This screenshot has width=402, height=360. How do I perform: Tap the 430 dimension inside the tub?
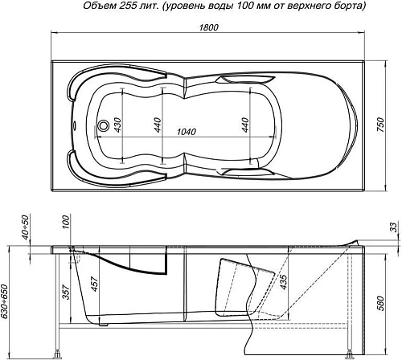[x=118, y=126]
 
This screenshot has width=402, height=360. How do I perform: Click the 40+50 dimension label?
[x=27, y=228]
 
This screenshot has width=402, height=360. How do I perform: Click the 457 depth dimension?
[x=95, y=284]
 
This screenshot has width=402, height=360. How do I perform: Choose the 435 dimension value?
[x=284, y=280]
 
